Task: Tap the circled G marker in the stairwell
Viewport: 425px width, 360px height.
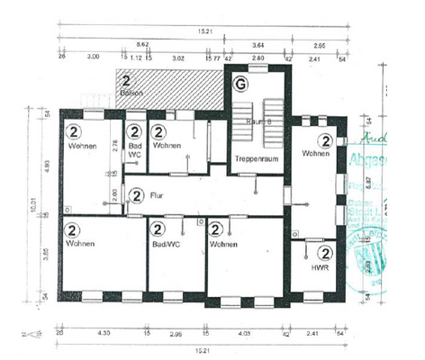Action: click(240, 85)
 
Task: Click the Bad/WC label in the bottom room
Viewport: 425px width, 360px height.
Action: click(165, 243)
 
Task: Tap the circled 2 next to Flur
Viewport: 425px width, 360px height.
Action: click(137, 193)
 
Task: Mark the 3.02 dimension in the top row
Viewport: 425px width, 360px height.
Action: click(178, 57)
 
